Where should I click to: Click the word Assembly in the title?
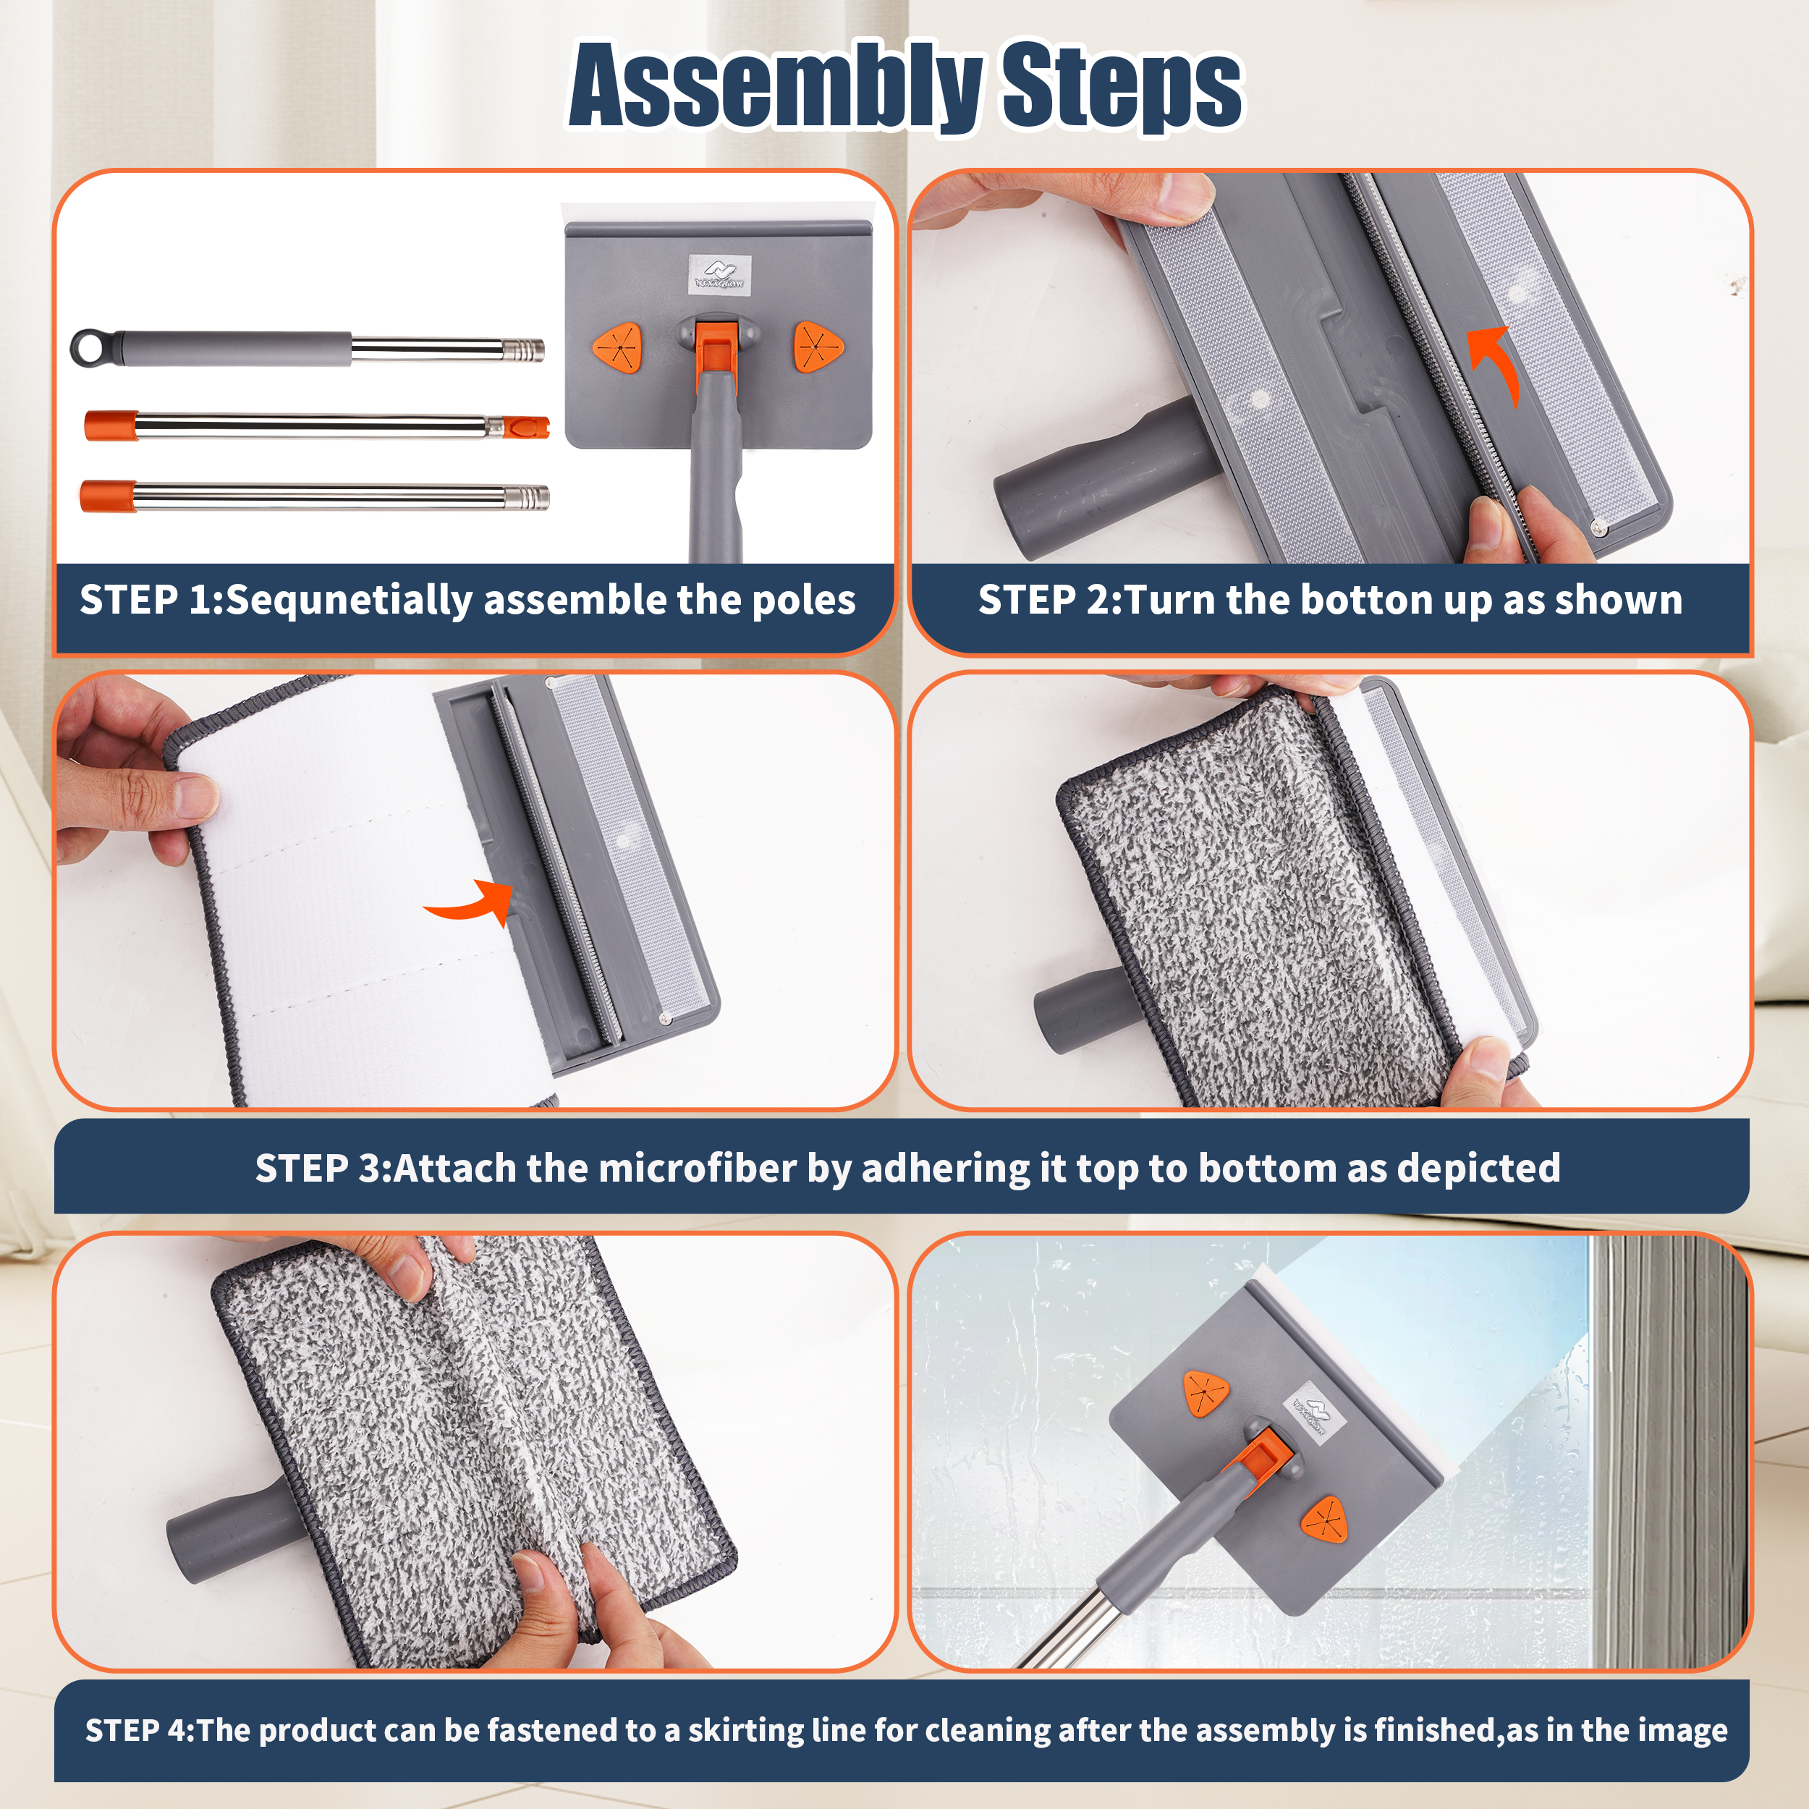(775, 86)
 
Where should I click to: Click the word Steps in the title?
(1121, 86)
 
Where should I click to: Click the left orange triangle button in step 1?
(617, 347)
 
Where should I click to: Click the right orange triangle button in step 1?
(818, 347)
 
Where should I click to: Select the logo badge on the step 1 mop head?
(719, 274)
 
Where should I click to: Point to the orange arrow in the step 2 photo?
(1496, 365)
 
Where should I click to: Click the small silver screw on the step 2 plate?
(1600, 529)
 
